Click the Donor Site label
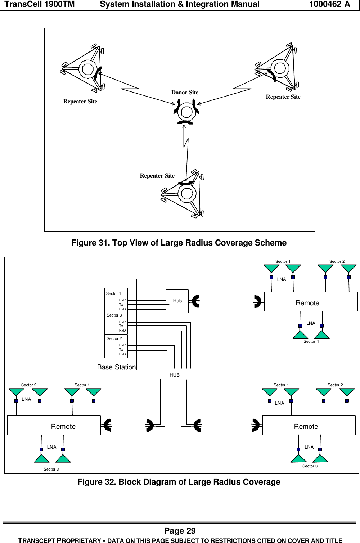[185, 93]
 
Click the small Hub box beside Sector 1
[177, 301]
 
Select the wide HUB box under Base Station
[175, 374]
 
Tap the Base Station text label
[116, 367]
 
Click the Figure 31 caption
[179, 243]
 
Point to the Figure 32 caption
[179, 482]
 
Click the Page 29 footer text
[180, 531]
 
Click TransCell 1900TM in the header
[40, 4]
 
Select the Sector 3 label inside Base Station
[114, 315]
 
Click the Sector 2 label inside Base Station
[114, 338]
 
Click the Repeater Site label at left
[80, 102]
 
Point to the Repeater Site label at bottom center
[157, 176]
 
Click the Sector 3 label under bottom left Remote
[51, 469]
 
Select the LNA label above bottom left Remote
[26, 399]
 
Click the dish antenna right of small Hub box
[195, 301]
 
